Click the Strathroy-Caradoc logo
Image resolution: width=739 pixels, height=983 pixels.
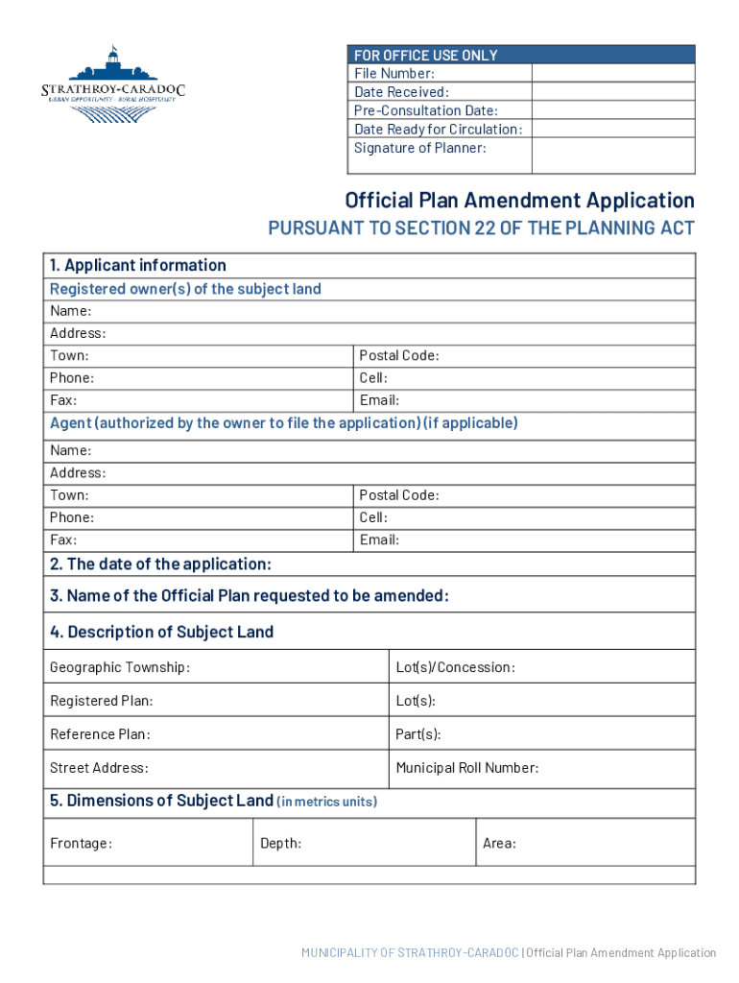pyautogui.click(x=112, y=84)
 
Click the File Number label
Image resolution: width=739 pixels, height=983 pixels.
pyautogui.click(x=394, y=74)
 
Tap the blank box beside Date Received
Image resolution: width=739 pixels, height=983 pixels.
pyautogui.click(x=612, y=92)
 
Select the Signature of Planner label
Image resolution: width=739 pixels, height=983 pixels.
pyautogui.click(x=420, y=148)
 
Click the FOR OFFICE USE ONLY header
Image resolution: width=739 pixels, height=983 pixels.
pyautogui.click(x=426, y=55)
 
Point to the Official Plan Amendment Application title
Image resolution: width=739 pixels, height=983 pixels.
pyautogui.click(x=519, y=201)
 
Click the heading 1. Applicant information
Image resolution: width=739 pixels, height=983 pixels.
pyautogui.click(x=138, y=266)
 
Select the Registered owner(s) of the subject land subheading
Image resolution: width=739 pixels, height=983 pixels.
pyautogui.click(x=185, y=289)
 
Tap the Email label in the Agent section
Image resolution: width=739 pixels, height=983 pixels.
pyautogui.click(x=379, y=539)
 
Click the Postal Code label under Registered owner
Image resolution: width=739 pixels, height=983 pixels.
pyautogui.click(x=399, y=355)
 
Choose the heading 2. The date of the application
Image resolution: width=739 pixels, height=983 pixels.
pyautogui.click(x=160, y=564)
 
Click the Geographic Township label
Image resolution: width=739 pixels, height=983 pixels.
pyautogui.click(x=120, y=667)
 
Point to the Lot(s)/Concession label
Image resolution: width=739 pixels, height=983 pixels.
pyautogui.click(x=455, y=667)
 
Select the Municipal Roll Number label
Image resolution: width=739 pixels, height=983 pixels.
pyautogui.click(x=467, y=768)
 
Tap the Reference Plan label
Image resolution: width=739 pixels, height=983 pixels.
pyautogui.click(x=100, y=734)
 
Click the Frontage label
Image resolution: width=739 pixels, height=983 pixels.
pyautogui.click(x=81, y=844)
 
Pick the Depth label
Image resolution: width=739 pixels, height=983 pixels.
pyautogui.click(x=280, y=844)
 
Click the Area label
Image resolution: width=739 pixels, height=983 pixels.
pyautogui.click(x=499, y=844)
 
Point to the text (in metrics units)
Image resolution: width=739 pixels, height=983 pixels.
pyautogui.click(x=326, y=802)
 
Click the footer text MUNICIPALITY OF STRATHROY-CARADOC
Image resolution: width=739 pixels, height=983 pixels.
pyautogui.click(x=410, y=953)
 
